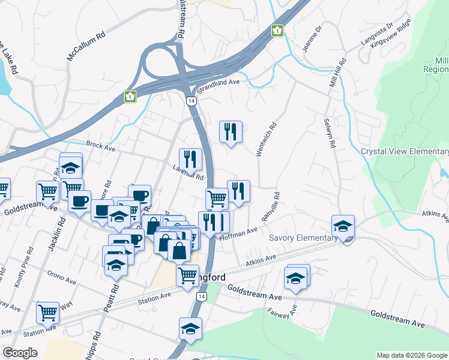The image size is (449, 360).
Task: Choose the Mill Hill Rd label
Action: coord(337,73)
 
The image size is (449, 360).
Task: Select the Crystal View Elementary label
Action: coord(405,151)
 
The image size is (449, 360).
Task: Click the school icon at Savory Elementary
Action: coord(343,226)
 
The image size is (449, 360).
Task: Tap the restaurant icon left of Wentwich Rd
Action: coord(231,131)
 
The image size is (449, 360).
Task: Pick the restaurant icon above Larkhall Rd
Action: coord(191,159)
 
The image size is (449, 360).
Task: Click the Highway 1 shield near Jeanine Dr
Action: coord(277,30)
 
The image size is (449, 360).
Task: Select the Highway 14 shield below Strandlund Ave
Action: coord(191,101)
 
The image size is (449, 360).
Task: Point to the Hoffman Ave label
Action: coord(238,233)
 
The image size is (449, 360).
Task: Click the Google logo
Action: coord(20,353)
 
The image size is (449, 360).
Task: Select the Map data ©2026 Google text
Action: coord(412,355)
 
